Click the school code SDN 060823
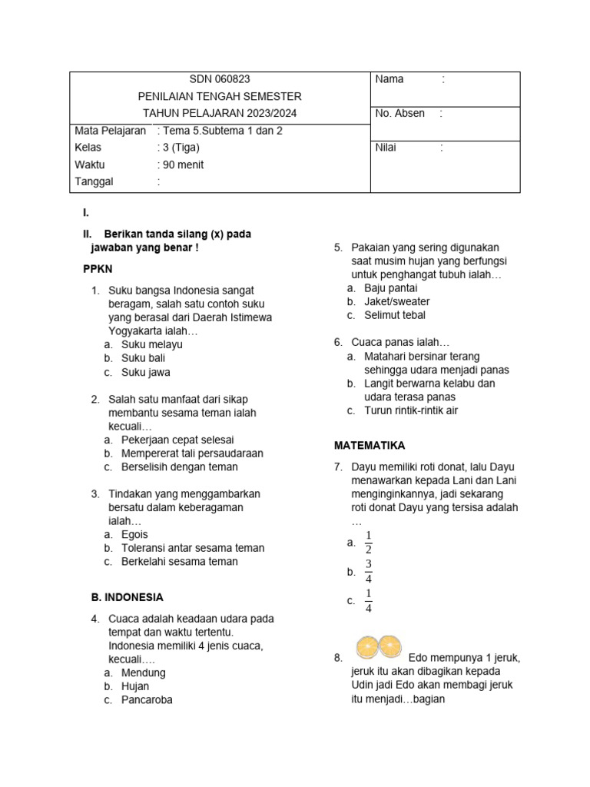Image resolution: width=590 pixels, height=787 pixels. (x=220, y=79)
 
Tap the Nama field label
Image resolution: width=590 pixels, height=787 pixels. (x=389, y=79)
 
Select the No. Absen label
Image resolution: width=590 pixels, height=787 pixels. (x=399, y=114)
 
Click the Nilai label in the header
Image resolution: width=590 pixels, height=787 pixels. (x=386, y=148)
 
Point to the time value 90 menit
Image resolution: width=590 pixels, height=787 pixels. (x=182, y=164)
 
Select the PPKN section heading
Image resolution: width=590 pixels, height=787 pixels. (x=98, y=269)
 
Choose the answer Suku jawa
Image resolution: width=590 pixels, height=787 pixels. (x=145, y=372)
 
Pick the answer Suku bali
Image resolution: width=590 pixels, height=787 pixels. (x=143, y=358)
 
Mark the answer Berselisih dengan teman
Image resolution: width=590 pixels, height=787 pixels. (x=179, y=467)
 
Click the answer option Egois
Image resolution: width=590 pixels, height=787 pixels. (x=134, y=534)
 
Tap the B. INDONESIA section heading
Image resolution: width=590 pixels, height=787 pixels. (x=123, y=597)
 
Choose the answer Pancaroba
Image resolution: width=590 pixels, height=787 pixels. (x=147, y=700)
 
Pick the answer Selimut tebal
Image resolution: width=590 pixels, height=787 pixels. (x=394, y=315)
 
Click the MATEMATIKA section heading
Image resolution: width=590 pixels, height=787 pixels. (x=369, y=446)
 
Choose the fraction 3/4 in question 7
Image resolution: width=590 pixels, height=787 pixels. (x=369, y=572)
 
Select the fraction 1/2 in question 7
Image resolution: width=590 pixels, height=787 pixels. (x=369, y=543)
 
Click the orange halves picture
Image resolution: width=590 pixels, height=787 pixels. (x=379, y=646)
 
